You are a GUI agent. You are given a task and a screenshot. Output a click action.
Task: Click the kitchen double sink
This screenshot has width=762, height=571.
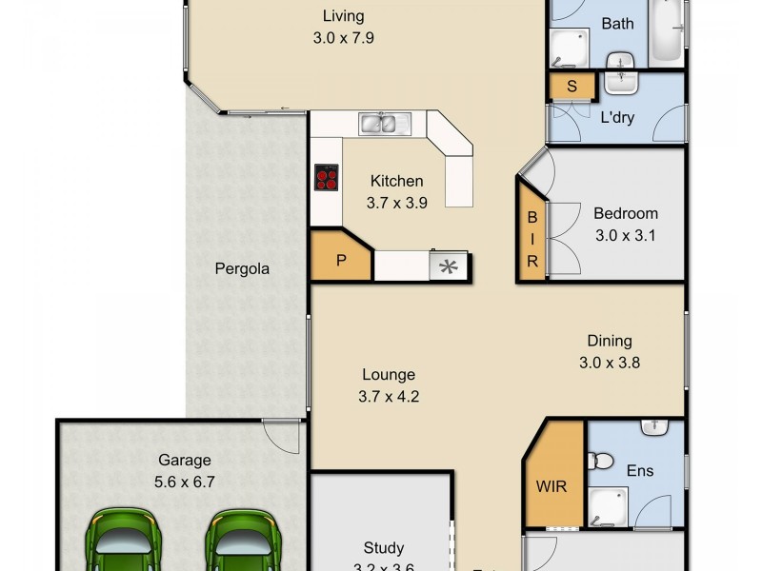point(384,123)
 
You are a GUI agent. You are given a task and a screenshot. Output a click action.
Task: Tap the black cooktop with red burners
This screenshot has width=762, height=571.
point(327,178)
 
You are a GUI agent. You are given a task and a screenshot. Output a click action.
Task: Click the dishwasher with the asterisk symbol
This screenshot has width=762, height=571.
point(446,267)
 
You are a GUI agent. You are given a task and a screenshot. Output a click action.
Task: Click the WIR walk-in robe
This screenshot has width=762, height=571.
point(552,486)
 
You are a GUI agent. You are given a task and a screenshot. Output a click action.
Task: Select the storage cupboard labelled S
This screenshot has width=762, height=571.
point(571,87)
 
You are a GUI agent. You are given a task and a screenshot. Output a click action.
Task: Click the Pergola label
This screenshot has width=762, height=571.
point(241,268)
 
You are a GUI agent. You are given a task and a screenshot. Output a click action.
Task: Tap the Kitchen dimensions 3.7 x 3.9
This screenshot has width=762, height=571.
point(396,202)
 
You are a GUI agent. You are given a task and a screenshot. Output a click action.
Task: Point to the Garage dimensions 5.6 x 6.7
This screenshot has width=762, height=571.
point(186,482)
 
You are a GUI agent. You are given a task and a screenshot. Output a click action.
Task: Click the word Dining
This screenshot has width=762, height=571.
point(609,341)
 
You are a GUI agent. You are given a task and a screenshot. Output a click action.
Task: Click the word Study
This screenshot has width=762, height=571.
point(383,548)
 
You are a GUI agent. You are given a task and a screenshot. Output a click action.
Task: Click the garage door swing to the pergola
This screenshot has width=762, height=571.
point(280,440)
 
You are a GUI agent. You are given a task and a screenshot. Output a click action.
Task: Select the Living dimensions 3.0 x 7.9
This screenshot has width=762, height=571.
point(343,38)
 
